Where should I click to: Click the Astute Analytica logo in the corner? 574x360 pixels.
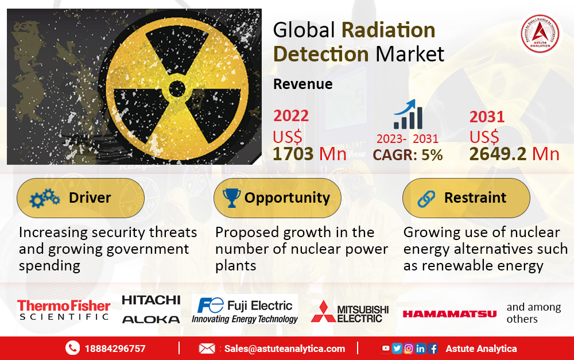click(x=540, y=34)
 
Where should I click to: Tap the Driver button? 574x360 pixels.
click(x=80, y=198)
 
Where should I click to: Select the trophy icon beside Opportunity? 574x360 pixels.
click(x=231, y=198)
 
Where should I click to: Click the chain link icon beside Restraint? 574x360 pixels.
click(x=426, y=199)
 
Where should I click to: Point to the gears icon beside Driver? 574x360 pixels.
click(x=44, y=198)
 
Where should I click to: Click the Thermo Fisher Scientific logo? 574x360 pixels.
click(x=64, y=310)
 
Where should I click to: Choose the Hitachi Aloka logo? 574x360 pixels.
click(x=151, y=309)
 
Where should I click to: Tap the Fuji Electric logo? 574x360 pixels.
click(x=245, y=310)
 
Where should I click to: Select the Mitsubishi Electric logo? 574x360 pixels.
click(x=350, y=312)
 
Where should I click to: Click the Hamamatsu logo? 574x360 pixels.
click(x=449, y=314)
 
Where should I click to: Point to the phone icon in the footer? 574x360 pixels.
click(x=72, y=348)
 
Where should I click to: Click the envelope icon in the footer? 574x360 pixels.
click(x=207, y=349)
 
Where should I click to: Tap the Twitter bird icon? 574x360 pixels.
click(x=397, y=349)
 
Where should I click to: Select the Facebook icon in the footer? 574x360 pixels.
click(x=432, y=349)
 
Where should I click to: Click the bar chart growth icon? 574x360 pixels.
click(x=408, y=114)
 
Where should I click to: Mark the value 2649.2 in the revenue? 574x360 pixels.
click(x=498, y=154)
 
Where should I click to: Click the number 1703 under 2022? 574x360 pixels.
click(x=293, y=154)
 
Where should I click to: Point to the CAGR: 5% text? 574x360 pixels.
click(x=408, y=155)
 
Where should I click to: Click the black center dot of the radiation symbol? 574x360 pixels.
click(x=177, y=88)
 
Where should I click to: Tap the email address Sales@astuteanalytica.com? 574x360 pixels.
click(x=285, y=349)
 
